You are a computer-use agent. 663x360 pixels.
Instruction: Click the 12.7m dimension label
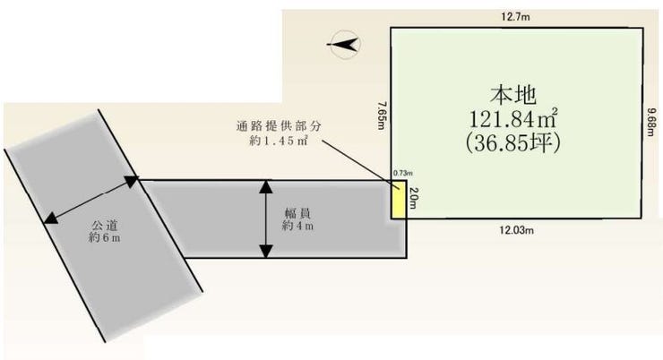[516, 15]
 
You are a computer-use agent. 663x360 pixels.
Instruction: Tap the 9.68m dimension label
[651, 122]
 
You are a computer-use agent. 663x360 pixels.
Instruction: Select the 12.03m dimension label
[516, 230]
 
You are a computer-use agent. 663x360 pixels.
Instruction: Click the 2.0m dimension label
[413, 199]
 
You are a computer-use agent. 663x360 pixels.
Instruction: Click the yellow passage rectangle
[397, 199]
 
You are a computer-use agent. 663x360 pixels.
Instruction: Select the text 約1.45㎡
[277, 142]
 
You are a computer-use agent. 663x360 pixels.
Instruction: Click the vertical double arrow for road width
[265, 219]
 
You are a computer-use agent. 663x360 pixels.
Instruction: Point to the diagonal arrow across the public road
[90, 200]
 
